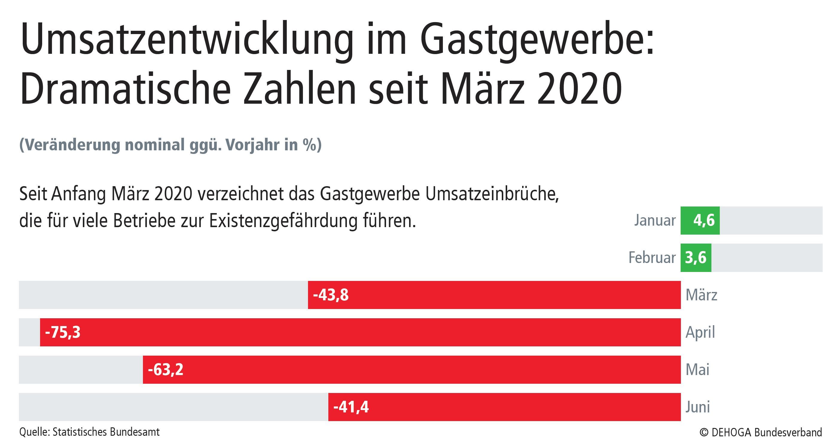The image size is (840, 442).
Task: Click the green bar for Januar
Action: point(700,220)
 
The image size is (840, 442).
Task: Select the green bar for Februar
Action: point(696,258)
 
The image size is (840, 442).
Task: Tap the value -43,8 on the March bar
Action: point(331,295)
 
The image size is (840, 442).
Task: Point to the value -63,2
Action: point(166,370)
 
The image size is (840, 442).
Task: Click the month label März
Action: point(701,295)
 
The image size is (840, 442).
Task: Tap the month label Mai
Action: point(697,370)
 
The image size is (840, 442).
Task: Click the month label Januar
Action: point(655,220)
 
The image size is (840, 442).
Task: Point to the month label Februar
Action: point(652,258)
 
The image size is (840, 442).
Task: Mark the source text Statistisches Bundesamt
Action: point(106,432)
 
